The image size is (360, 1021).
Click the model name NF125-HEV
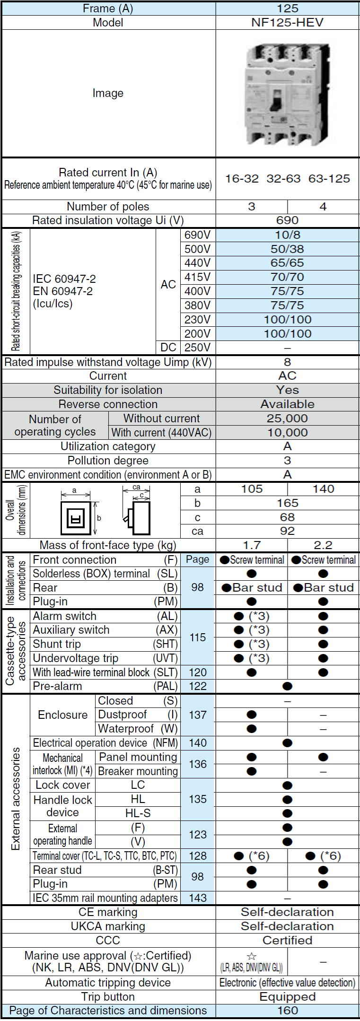[287, 23]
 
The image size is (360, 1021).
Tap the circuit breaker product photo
[287, 94]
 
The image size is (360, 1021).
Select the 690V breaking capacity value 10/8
[287, 235]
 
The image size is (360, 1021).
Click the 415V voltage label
[197, 277]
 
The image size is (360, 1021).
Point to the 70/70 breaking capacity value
[287, 277]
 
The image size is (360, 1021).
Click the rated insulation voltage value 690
[287, 220]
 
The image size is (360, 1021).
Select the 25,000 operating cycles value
[287, 419]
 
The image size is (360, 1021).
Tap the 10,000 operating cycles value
[287, 433]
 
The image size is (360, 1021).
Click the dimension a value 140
[323, 489]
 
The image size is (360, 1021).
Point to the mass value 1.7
[252, 545]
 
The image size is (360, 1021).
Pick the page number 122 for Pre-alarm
[198, 686]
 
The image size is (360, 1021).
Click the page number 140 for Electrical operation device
[198, 743]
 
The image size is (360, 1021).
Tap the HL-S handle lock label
[138, 813]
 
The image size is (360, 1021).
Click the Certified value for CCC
[287, 940]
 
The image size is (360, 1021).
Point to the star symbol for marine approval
[252, 956]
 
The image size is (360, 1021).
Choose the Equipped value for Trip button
[287, 997]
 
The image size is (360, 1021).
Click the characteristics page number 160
[287, 1011]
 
